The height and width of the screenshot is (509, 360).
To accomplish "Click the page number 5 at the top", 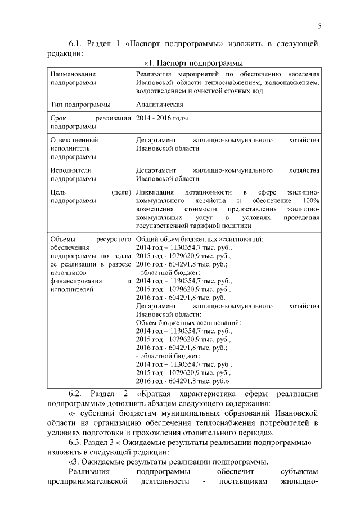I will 319,26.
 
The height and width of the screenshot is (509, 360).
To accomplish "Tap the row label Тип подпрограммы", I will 80,104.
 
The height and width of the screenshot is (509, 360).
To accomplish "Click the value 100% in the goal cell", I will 310,201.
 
